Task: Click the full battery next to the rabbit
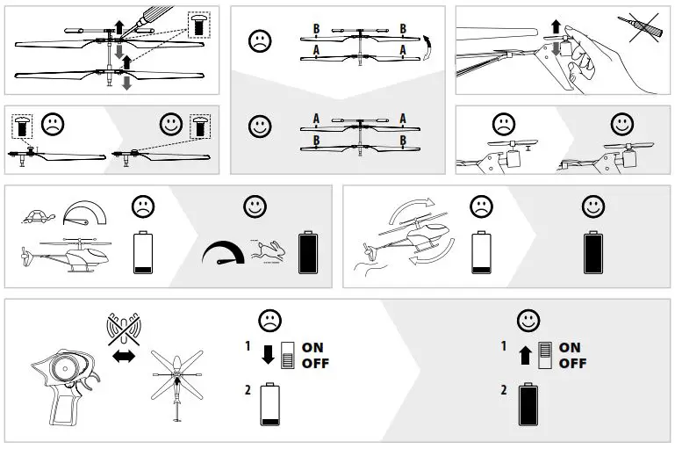tap(309, 253)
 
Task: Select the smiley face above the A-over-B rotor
tap(260, 125)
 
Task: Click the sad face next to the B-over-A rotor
tap(260, 40)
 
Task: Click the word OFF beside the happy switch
tap(572, 363)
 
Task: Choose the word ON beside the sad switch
tap(312, 347)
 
